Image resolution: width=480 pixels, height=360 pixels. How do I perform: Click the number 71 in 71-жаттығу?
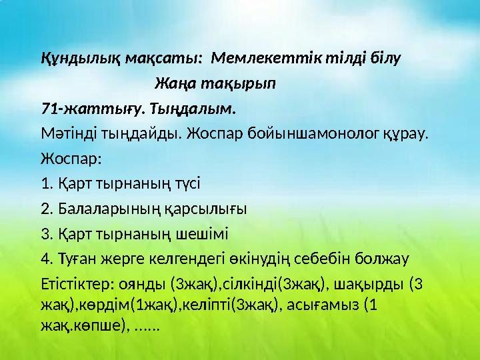point(49,108)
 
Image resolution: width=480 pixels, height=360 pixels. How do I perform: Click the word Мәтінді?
point(67,133)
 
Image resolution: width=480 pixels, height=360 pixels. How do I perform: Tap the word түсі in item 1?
point(185,183)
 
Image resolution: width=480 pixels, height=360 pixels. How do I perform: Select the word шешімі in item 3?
point(201,233)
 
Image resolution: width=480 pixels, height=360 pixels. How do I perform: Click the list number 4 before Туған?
point(45,259)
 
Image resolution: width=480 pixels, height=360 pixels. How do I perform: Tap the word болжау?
point(383,259)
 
